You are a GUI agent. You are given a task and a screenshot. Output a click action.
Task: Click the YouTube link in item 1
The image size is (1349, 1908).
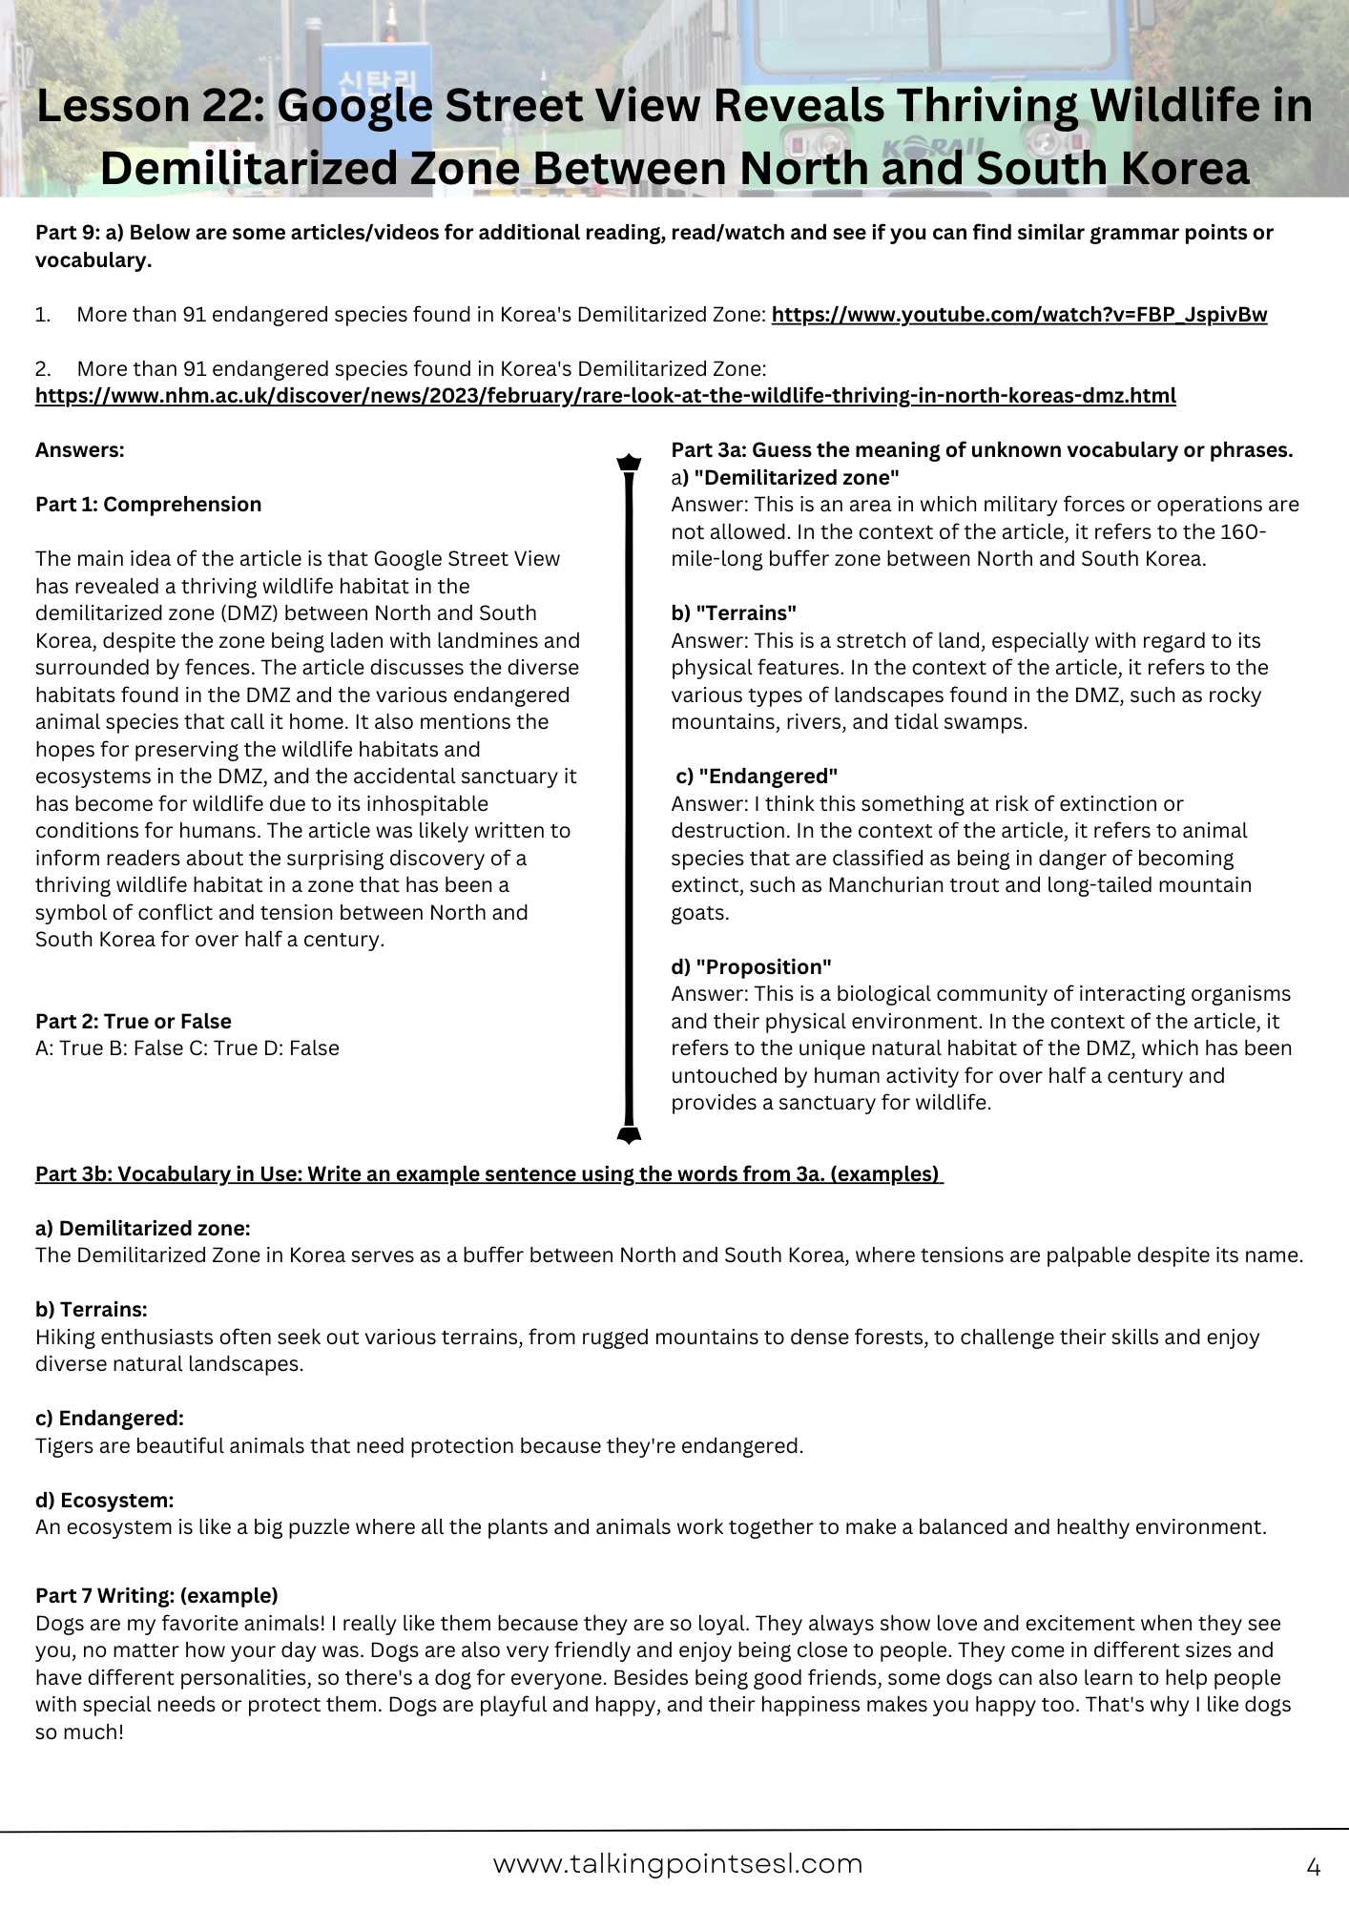point(1019,315)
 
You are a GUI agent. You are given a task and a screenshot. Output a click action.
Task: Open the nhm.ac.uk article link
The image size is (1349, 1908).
point(605,396)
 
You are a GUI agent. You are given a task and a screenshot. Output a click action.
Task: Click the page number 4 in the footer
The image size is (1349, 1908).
point(1313,1867)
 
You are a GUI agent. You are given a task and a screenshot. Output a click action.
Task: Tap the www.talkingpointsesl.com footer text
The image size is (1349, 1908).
point(677,1864)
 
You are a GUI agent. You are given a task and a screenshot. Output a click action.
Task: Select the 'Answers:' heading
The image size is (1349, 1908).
point(80,450)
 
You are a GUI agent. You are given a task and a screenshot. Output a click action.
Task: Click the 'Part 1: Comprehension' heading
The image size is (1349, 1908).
point(148,505)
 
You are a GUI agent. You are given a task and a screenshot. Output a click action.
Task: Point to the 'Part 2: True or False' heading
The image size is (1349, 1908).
point(134,1021)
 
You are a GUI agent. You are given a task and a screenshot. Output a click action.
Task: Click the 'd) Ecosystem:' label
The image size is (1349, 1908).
point(105,1500)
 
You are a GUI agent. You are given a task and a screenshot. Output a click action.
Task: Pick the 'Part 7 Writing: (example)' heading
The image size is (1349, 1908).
point(156,1595)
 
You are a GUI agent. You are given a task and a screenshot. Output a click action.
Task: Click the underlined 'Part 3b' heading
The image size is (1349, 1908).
point(488,1173)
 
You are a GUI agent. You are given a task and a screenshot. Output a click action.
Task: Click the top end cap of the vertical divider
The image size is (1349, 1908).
point(629,464)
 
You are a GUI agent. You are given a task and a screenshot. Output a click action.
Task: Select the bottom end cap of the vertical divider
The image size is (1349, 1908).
point(629,1133)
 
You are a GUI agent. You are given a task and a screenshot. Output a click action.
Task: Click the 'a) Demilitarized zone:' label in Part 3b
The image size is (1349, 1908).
point(143,1228)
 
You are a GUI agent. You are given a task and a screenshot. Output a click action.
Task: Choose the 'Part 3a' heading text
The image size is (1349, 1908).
point(982,450)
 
